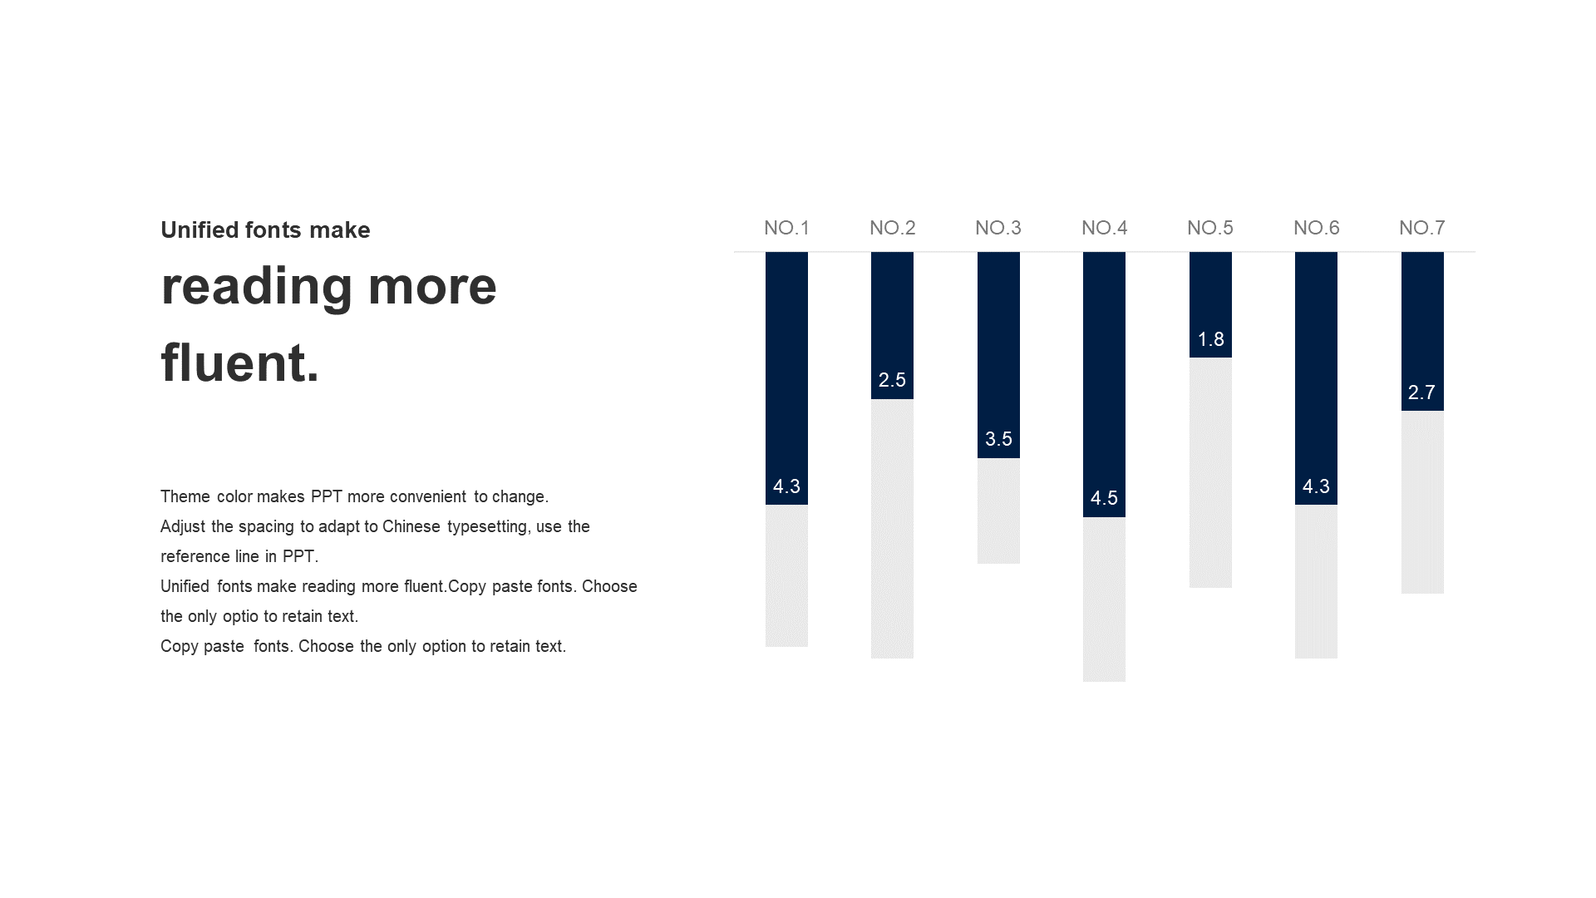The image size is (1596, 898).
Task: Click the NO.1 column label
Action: pyautogui.click(x=786, y=228)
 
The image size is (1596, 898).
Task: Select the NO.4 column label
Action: pyautogui.click(x=1104, y=228)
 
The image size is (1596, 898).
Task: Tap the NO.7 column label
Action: pyautogui.click(x=1422, y=228)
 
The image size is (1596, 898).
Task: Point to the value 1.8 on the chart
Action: pyautogui.click(x=1210, y=339)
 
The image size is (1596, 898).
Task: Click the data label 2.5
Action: pyautogui.click(x=892, y=380)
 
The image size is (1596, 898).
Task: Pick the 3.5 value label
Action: pyautogui.click(x=998, y=439)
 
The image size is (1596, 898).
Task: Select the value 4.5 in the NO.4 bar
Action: pyautogui.click(x=1104, y=498)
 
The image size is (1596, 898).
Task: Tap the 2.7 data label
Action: pyautogui.click(x=1421, y=392)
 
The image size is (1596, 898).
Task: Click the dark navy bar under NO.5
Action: pyautogui.click(x=1210, y=305)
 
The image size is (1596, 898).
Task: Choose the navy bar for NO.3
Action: pyautogui.click(x=998, y=355)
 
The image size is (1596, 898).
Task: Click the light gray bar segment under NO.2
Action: pyautogui.click(x=892, y=529)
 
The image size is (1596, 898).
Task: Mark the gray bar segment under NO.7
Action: pyautogui.click(x=1422, y=502)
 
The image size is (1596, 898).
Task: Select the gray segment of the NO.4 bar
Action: pyautogui.click(x=1104, y=599)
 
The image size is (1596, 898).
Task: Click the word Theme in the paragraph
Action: pyautogui.click(x=185, y=496)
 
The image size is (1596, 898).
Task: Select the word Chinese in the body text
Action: pyautogui.click(x=411, y=526)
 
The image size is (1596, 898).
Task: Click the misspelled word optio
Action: pyautogui.click(x=240, y=617)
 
